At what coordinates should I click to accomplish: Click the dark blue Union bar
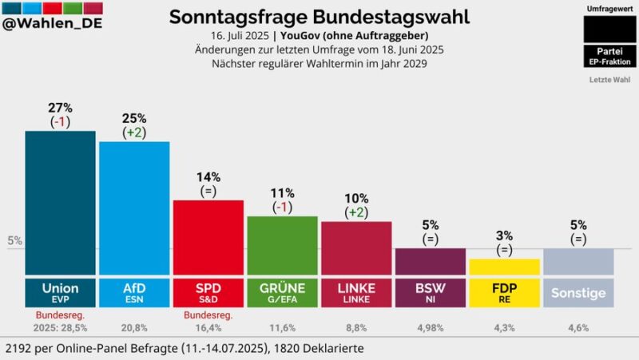[60, 203]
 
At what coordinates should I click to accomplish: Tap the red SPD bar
[208, 237]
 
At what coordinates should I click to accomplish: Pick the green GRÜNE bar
[282, 245]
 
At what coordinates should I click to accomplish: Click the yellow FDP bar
[504, 267]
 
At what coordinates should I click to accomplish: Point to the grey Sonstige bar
[579, 261]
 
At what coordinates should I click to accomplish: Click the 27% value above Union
[60, 108]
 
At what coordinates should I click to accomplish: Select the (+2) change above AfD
[134, 133]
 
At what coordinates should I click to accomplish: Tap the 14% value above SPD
[208, 177]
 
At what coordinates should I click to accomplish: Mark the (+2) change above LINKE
[356, 212]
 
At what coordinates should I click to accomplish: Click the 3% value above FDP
[504, 235]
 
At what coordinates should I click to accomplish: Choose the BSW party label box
[431, 292]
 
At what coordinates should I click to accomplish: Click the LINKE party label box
[356, 292]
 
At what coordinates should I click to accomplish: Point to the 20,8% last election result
[134, 327]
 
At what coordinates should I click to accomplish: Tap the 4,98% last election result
[431, 327]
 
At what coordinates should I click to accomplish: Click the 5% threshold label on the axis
[14, 240]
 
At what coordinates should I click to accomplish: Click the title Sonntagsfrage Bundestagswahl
[319, 16]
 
